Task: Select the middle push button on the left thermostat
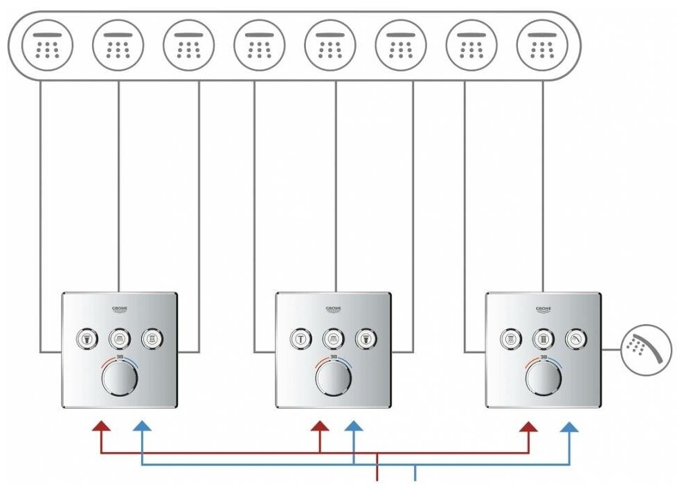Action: click(119, 339)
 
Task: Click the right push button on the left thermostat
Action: click(152, 339)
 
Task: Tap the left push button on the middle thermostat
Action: click(300, 339)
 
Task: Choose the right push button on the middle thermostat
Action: click(365, 339)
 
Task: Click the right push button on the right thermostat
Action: click(575, 339)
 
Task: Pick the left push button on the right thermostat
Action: click(511, 339)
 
